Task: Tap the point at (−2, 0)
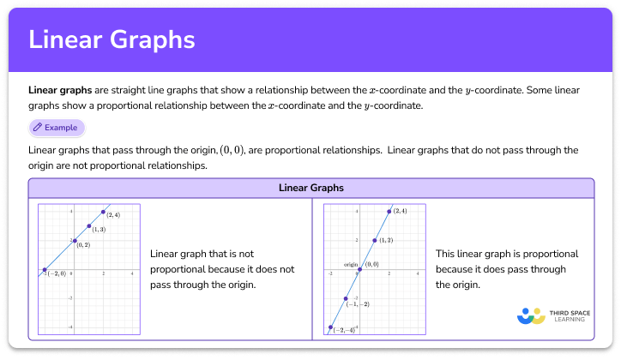pos(44,271)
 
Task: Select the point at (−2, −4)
pos(330,327)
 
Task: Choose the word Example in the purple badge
pos(61,128)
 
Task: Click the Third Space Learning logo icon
pos(532,315)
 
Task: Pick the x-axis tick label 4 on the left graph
pos(132,274)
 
